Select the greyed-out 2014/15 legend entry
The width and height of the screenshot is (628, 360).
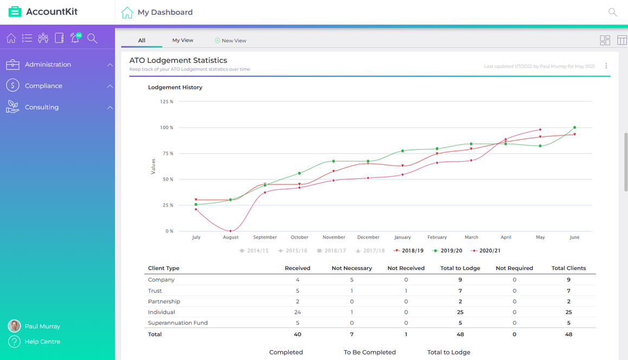(254, 251)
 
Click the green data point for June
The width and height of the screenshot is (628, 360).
(574, 128)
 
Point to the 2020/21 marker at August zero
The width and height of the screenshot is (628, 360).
(230, 231)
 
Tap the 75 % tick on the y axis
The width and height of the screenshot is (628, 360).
(166, 153)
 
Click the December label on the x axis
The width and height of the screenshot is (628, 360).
(368, 237)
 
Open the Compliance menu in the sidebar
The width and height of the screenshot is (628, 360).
(43, 86)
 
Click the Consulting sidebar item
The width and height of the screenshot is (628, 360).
(42, 107)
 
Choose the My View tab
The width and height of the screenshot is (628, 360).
(183, 40)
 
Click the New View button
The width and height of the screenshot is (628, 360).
(230, 41)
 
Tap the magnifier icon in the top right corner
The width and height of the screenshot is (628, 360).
(612, 12)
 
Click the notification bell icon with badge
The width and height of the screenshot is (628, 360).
(75, 38)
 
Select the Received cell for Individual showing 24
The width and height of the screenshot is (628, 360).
(297, 312)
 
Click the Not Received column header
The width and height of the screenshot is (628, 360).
(406, 268)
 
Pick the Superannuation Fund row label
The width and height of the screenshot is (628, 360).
(178, 323)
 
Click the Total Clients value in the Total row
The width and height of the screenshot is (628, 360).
(568, 335)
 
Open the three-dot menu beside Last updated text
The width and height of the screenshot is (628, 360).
(606, 66)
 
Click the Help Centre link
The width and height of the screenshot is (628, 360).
(42, 342)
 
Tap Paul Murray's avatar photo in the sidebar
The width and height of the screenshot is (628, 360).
(14, 326)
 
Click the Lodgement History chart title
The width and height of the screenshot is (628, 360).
(175, 87)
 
